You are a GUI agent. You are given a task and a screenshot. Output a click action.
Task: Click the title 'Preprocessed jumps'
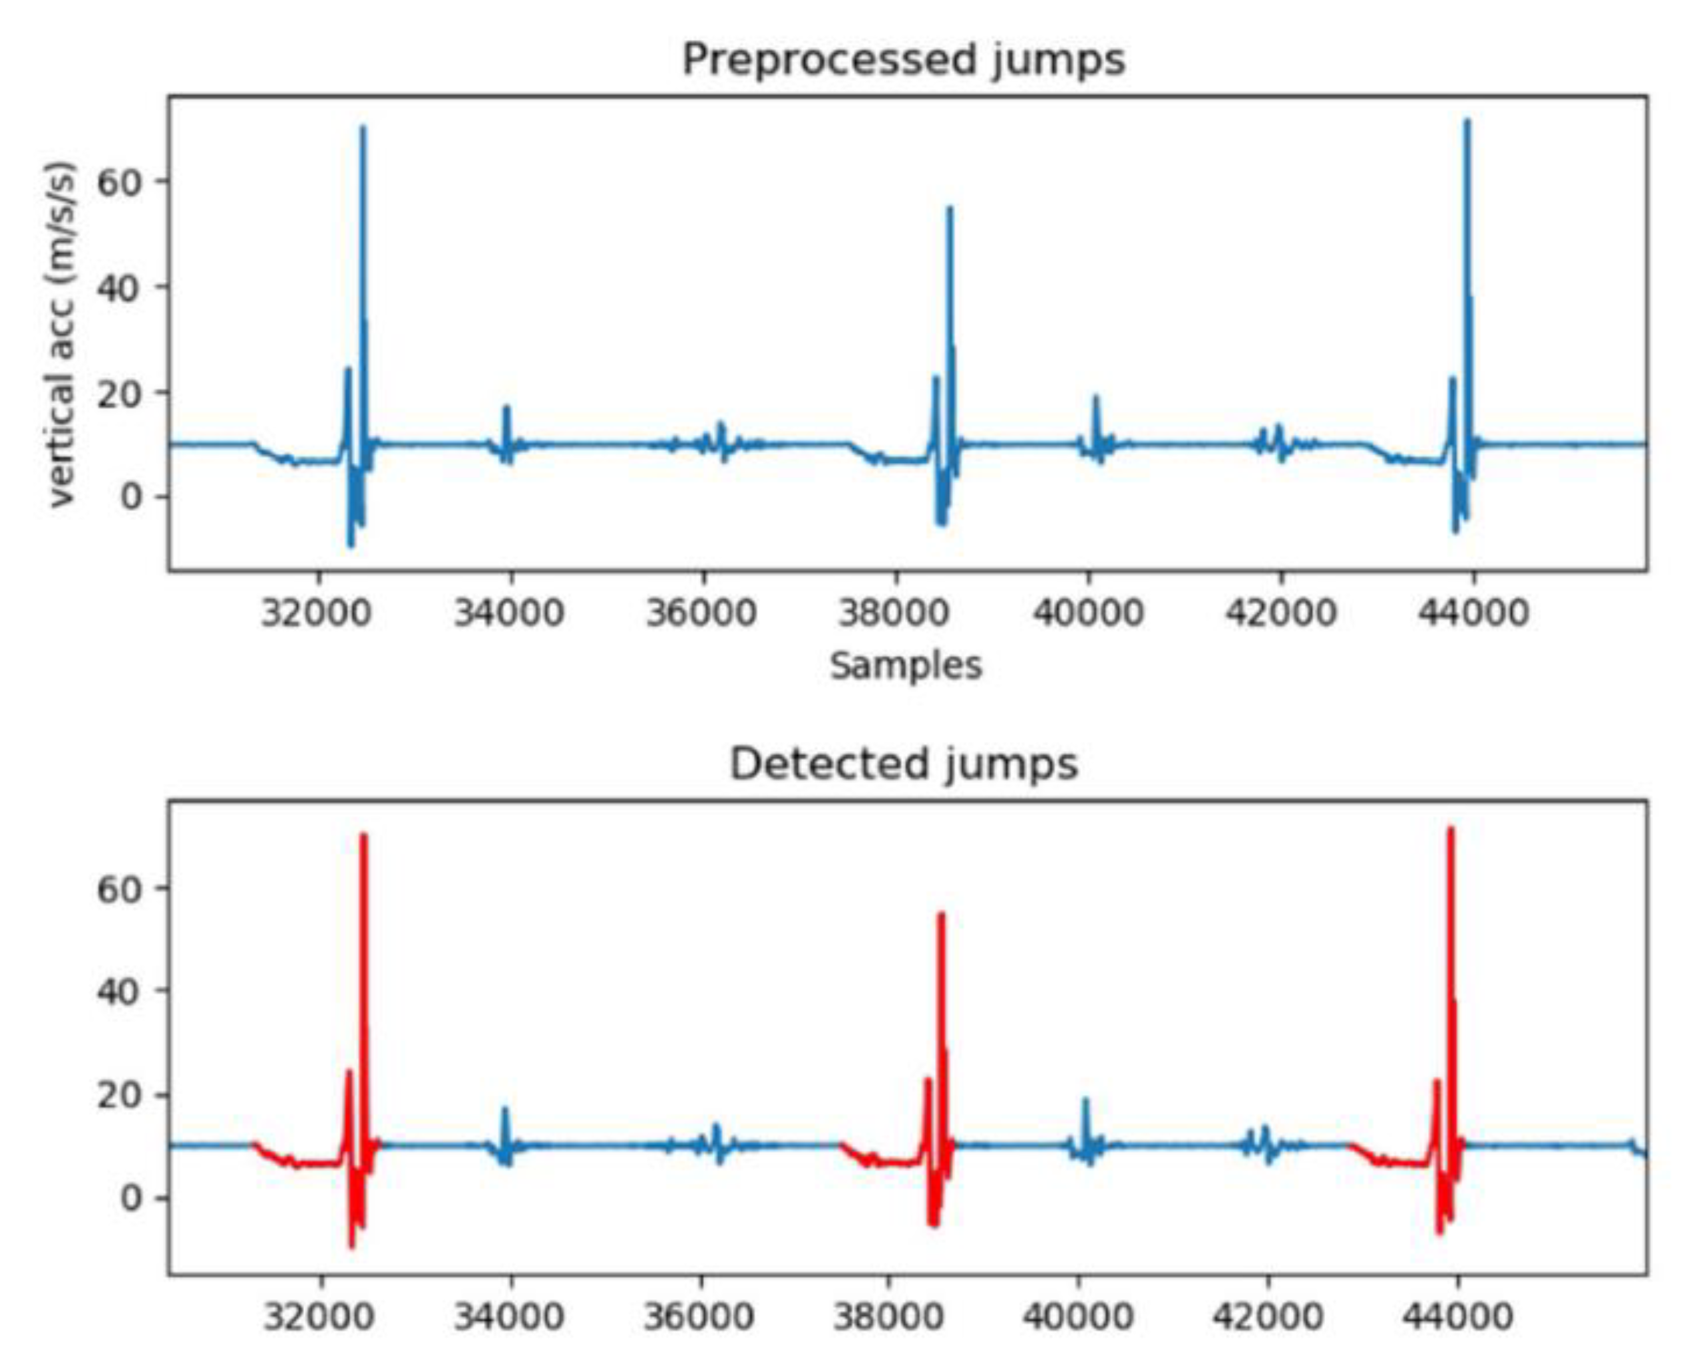click(x=904, y=60)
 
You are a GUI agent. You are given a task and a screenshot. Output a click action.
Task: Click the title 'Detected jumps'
click(x=904, y=764)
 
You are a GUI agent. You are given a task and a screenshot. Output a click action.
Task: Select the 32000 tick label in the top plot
click(x=316, y=612)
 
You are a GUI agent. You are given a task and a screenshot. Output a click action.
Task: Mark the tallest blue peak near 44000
click(x=1467, y=122)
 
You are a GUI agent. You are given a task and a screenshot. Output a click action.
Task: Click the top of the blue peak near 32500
click(x=362, y=128)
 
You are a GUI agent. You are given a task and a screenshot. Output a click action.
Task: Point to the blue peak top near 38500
click(x=950, y=209)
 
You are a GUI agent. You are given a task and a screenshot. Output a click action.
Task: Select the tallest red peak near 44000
click(x=1450, y=830)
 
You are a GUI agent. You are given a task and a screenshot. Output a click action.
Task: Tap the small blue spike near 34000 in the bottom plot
click(x=505, y=1110)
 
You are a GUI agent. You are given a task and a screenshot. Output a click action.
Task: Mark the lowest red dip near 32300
click(x=351, y=1247)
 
